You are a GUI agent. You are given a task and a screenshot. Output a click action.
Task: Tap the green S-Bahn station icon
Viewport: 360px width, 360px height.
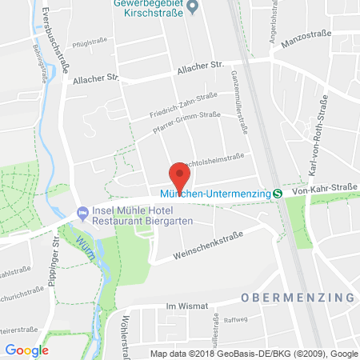(x=277, y=193)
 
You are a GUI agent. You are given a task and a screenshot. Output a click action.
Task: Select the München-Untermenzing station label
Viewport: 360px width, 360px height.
(x=221, y=193)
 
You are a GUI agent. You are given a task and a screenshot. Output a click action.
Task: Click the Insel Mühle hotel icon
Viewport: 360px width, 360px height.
(x=82, y=213)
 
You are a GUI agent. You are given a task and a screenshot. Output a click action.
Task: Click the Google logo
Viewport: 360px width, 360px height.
(x=26, y=350)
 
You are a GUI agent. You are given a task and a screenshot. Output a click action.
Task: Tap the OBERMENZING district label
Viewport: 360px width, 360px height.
(x=296, y=297)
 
